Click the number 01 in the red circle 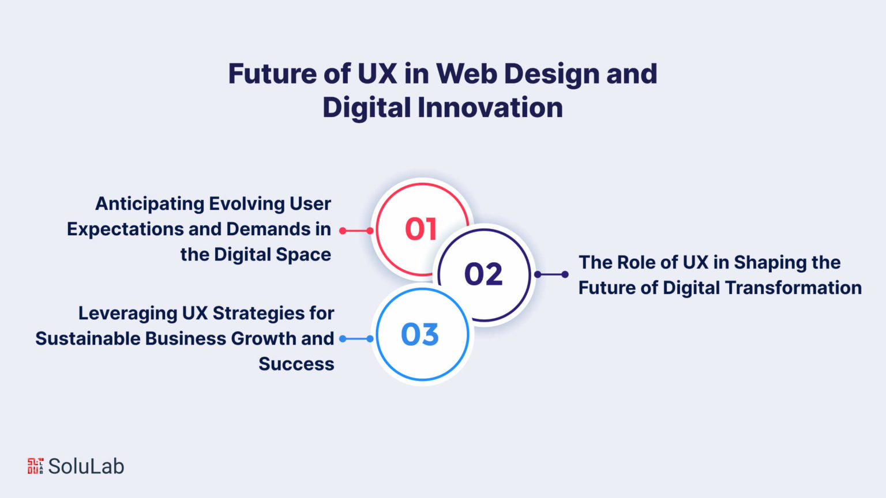pos(421,229)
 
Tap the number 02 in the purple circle pos(483,274)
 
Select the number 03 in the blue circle pos(420,334)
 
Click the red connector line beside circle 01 pos(356,231)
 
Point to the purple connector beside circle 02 pos(551,274)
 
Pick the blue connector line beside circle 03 pos(356,339)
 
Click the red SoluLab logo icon pos(36,466)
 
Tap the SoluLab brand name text pos(86,466)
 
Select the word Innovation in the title pos(490,108)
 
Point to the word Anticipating pos(150,205)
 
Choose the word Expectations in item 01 pos(124,229)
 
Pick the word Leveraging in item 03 pos(127,314)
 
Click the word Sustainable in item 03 pos(88,339)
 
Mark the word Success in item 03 pos(296,364)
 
